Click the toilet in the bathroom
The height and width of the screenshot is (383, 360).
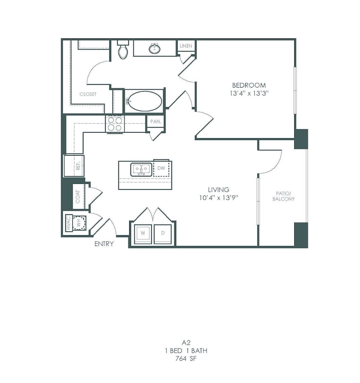[123, 49]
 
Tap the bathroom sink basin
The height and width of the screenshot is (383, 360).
[154, 48]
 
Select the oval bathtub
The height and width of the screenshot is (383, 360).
[145, 101]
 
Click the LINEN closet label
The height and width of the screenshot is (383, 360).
[186, 46]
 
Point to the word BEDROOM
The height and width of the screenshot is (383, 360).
[249, 85]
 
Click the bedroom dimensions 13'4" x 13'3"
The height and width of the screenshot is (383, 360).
[249, 93]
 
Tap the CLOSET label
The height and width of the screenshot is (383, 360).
[88, 94]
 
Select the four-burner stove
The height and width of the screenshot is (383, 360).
[115, 124]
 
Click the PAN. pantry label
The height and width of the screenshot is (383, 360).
[155, 122]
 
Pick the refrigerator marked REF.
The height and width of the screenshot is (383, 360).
[74, 166]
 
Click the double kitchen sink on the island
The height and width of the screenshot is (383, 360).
[141, 170]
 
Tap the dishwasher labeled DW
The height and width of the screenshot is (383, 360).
[161, 168]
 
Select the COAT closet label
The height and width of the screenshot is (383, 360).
[78, 196]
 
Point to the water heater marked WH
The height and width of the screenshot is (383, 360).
[79, 223]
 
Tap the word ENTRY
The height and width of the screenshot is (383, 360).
[104, 244]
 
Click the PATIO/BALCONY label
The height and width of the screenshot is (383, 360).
[283, 196]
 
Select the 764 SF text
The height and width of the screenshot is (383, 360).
[186, 359]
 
